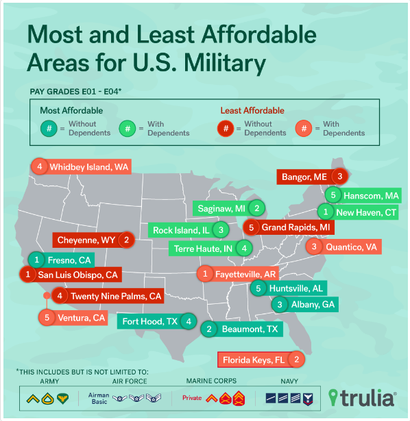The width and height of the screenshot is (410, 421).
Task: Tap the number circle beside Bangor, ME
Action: pyautogui.click(x=338, y=176)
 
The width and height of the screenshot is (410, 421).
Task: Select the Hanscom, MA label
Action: pyautogui.click(x=370, y=195)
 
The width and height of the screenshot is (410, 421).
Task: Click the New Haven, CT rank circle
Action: pyautogui.click(x=330, y=212)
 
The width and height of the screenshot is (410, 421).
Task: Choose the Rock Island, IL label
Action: pyautogui.click(x=182, y=229)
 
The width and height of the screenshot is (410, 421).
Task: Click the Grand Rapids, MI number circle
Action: pyautogui.click(x=252, y=227)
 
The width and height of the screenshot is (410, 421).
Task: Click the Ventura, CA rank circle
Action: pyautogui.click(x=47, y=317)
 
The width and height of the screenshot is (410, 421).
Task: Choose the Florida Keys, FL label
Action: pyautogui.click(x=253, y=359)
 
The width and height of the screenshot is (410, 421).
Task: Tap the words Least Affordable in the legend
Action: pyautogui.click(x=252, y=110)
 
